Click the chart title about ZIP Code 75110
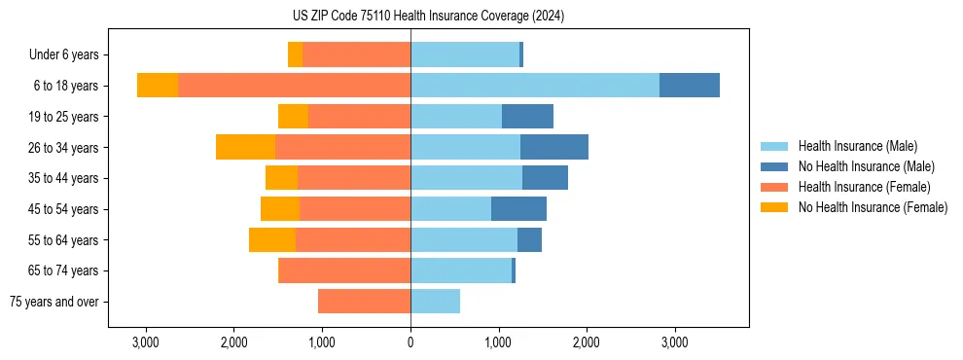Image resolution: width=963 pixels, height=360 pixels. (x=428, y=17)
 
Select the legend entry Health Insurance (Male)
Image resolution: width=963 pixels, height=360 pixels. (x=857, y=146)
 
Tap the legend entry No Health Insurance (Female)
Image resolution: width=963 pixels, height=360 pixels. (x=873, y=207)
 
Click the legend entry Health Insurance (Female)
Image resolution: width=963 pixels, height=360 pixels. (x=864, y=187)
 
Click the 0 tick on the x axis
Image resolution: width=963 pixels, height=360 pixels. (x=410, y=342)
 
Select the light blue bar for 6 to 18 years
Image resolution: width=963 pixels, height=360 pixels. (x=535, y=86)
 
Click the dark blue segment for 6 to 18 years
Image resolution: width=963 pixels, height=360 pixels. (x=690, y=86)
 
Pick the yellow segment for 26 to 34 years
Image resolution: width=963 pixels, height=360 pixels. (x=245, y=147)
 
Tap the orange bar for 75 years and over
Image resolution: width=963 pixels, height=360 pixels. (x=364, y=302)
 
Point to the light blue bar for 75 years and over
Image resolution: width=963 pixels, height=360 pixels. (x=435, y=302)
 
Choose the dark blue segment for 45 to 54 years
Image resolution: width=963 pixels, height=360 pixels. (x=518, y=209)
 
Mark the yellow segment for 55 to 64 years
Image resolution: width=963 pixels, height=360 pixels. (x=272, y=239)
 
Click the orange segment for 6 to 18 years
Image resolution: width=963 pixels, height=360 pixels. (x=294, y=86)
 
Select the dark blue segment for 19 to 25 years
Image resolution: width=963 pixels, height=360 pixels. (x=527, y=117)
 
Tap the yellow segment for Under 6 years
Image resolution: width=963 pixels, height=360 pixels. (x=295, y=54)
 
